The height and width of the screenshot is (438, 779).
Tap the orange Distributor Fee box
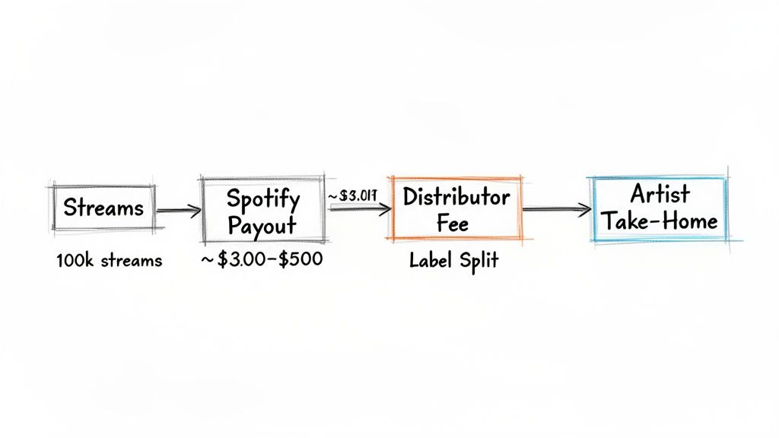(x=456, y=209)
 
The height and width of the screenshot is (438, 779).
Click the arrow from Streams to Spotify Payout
(x=179, y=208)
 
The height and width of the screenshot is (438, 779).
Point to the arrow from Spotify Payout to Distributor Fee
(x=358, y=207)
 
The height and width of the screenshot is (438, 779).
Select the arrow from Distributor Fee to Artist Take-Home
(x=556, y=208)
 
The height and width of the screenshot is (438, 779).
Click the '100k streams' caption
(x=109, y=261)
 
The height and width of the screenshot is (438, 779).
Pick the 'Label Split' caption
(x=453, y=261)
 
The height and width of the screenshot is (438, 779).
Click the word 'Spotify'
(x=264, y=199)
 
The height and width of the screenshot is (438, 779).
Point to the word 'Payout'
(x=264, y=227)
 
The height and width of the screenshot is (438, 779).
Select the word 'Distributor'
(x=456, y=197)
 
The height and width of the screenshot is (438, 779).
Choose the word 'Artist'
(x=659, y=193)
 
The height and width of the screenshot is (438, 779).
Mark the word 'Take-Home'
(x=659, y=221)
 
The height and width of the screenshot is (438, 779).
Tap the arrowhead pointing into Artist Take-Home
(x=585, y=208)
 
